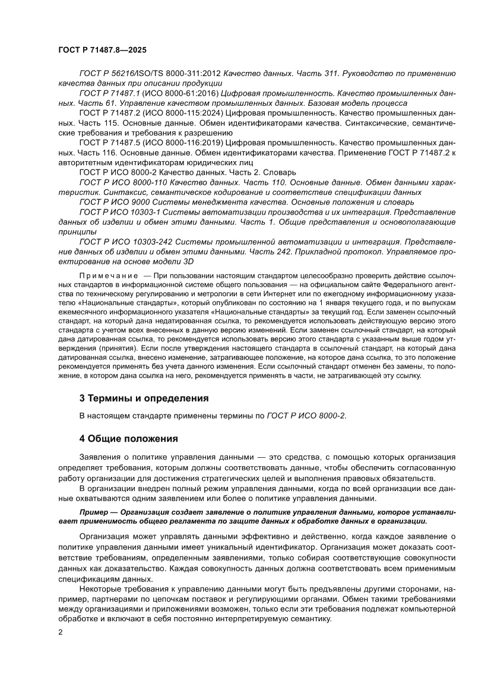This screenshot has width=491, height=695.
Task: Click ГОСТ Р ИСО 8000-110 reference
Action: (125, 183)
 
